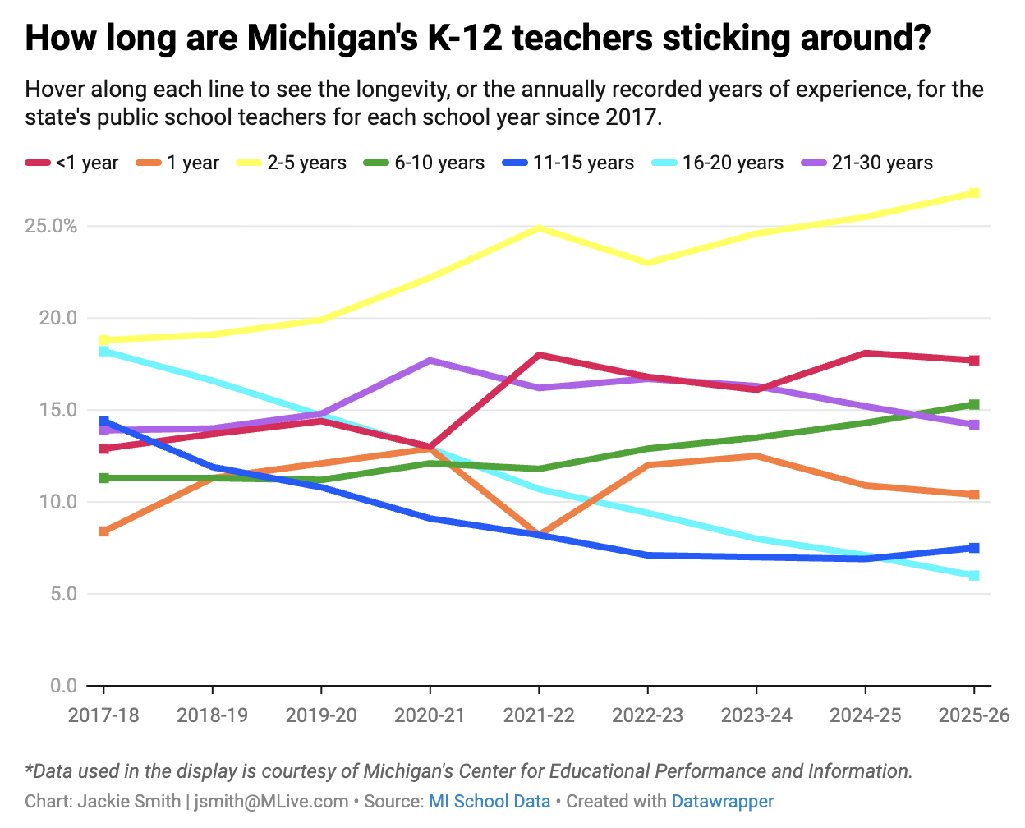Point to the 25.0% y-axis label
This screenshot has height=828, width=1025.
51,226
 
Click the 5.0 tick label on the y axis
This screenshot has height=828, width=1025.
62,593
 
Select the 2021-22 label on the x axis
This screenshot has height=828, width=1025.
539,715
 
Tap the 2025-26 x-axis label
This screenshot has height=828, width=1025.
974,715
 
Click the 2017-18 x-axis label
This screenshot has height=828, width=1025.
103,715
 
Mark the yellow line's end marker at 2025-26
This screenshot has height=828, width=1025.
974,193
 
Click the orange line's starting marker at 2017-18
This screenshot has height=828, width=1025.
103,531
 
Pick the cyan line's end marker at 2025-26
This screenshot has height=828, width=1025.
974,576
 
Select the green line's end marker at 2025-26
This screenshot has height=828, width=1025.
974,404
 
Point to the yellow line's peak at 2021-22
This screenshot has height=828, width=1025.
539,228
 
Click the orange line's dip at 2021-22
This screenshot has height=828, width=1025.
539,534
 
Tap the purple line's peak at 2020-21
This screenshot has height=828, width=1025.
430,361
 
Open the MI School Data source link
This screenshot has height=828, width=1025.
490,801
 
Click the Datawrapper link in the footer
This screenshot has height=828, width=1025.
723,801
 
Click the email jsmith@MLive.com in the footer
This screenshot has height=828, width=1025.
272,801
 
